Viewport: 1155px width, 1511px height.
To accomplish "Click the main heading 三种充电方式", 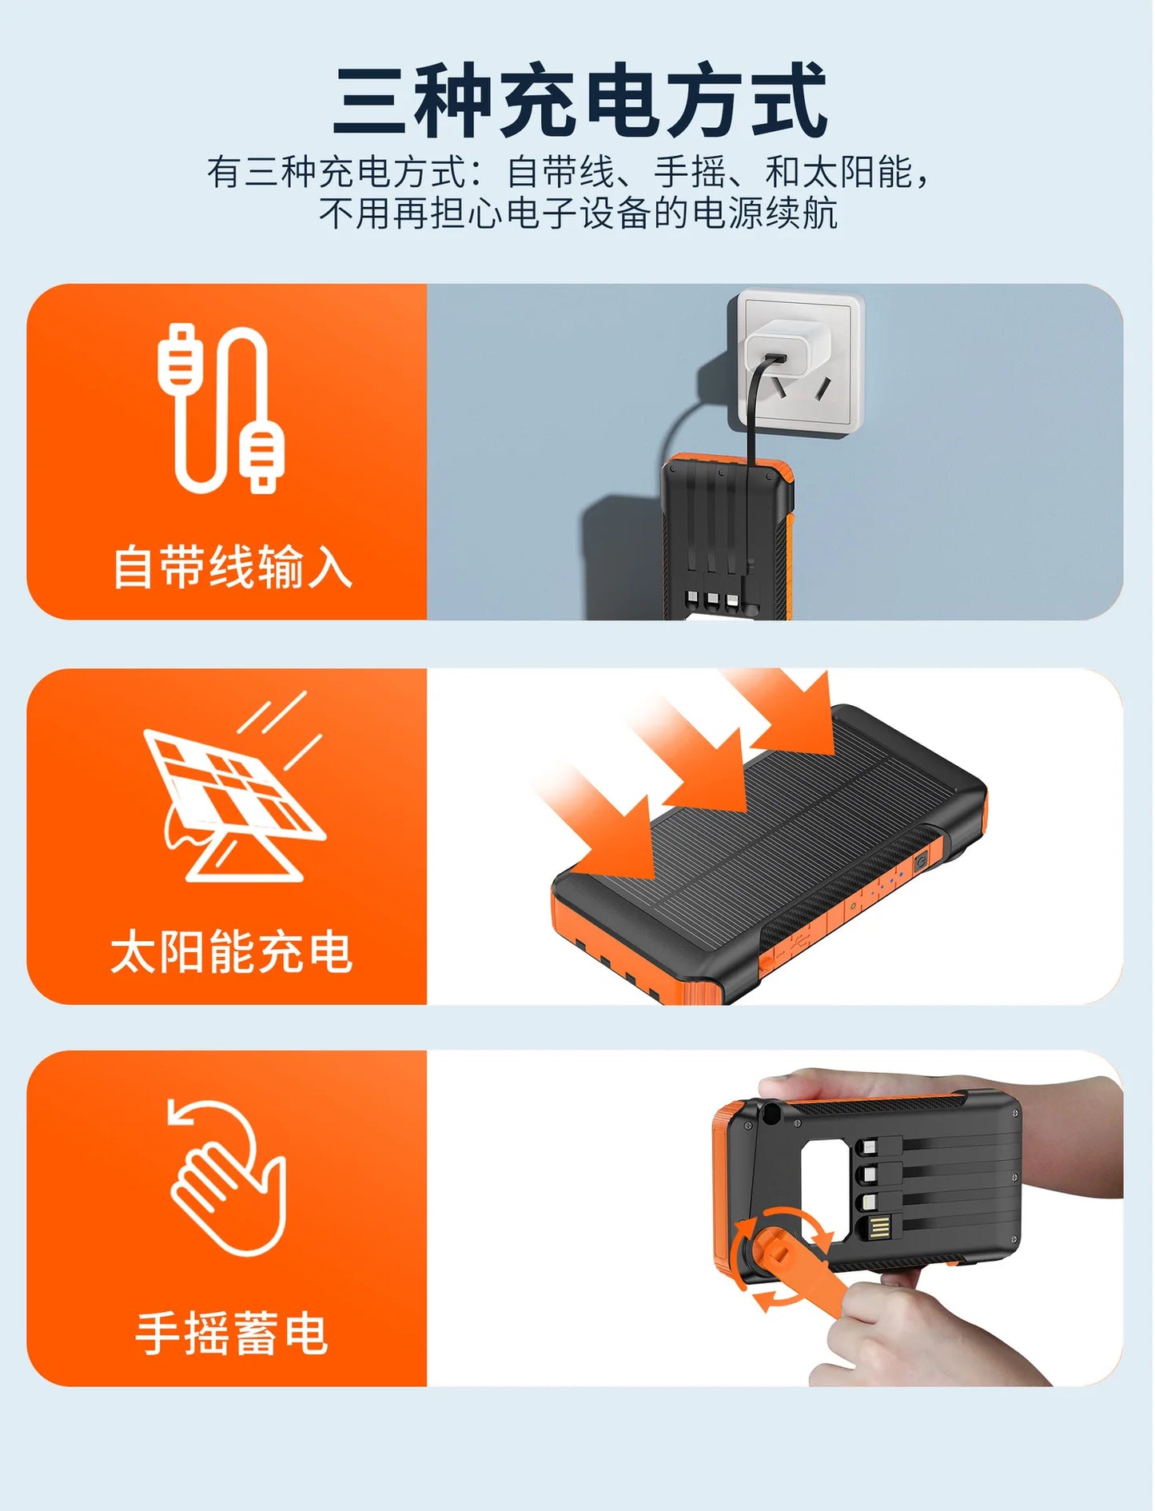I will point(579,102).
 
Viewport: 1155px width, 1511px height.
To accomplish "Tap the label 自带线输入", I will point(232,567).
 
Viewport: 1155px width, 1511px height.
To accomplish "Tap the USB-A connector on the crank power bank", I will point(879,1227).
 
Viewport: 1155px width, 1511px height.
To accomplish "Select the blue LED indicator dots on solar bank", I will point(887,883).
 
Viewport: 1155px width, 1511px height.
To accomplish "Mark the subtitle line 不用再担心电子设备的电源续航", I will point(579,213).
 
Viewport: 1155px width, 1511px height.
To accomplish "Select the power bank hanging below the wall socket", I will point(727,544).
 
